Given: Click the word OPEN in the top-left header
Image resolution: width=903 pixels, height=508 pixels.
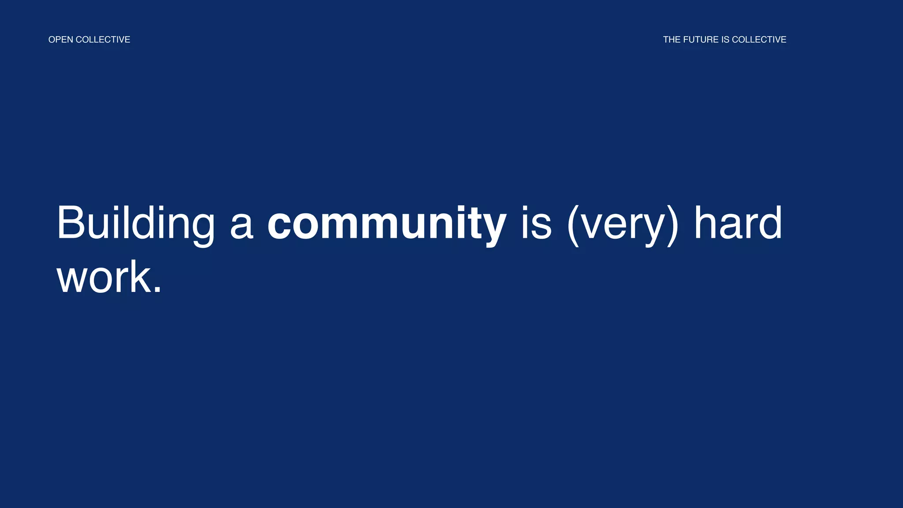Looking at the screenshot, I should coord(60,40).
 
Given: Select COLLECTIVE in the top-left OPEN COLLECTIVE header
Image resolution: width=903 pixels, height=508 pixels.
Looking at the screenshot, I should coord(103,40).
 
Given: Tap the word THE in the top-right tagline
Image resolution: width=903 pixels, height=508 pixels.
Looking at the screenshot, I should coord(672,40).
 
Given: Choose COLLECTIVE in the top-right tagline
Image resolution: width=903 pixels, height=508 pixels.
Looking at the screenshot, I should coord(759,40).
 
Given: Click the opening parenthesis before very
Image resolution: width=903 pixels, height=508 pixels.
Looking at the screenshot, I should coord(573,225).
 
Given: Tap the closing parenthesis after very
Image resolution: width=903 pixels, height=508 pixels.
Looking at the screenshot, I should coord(673,225).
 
